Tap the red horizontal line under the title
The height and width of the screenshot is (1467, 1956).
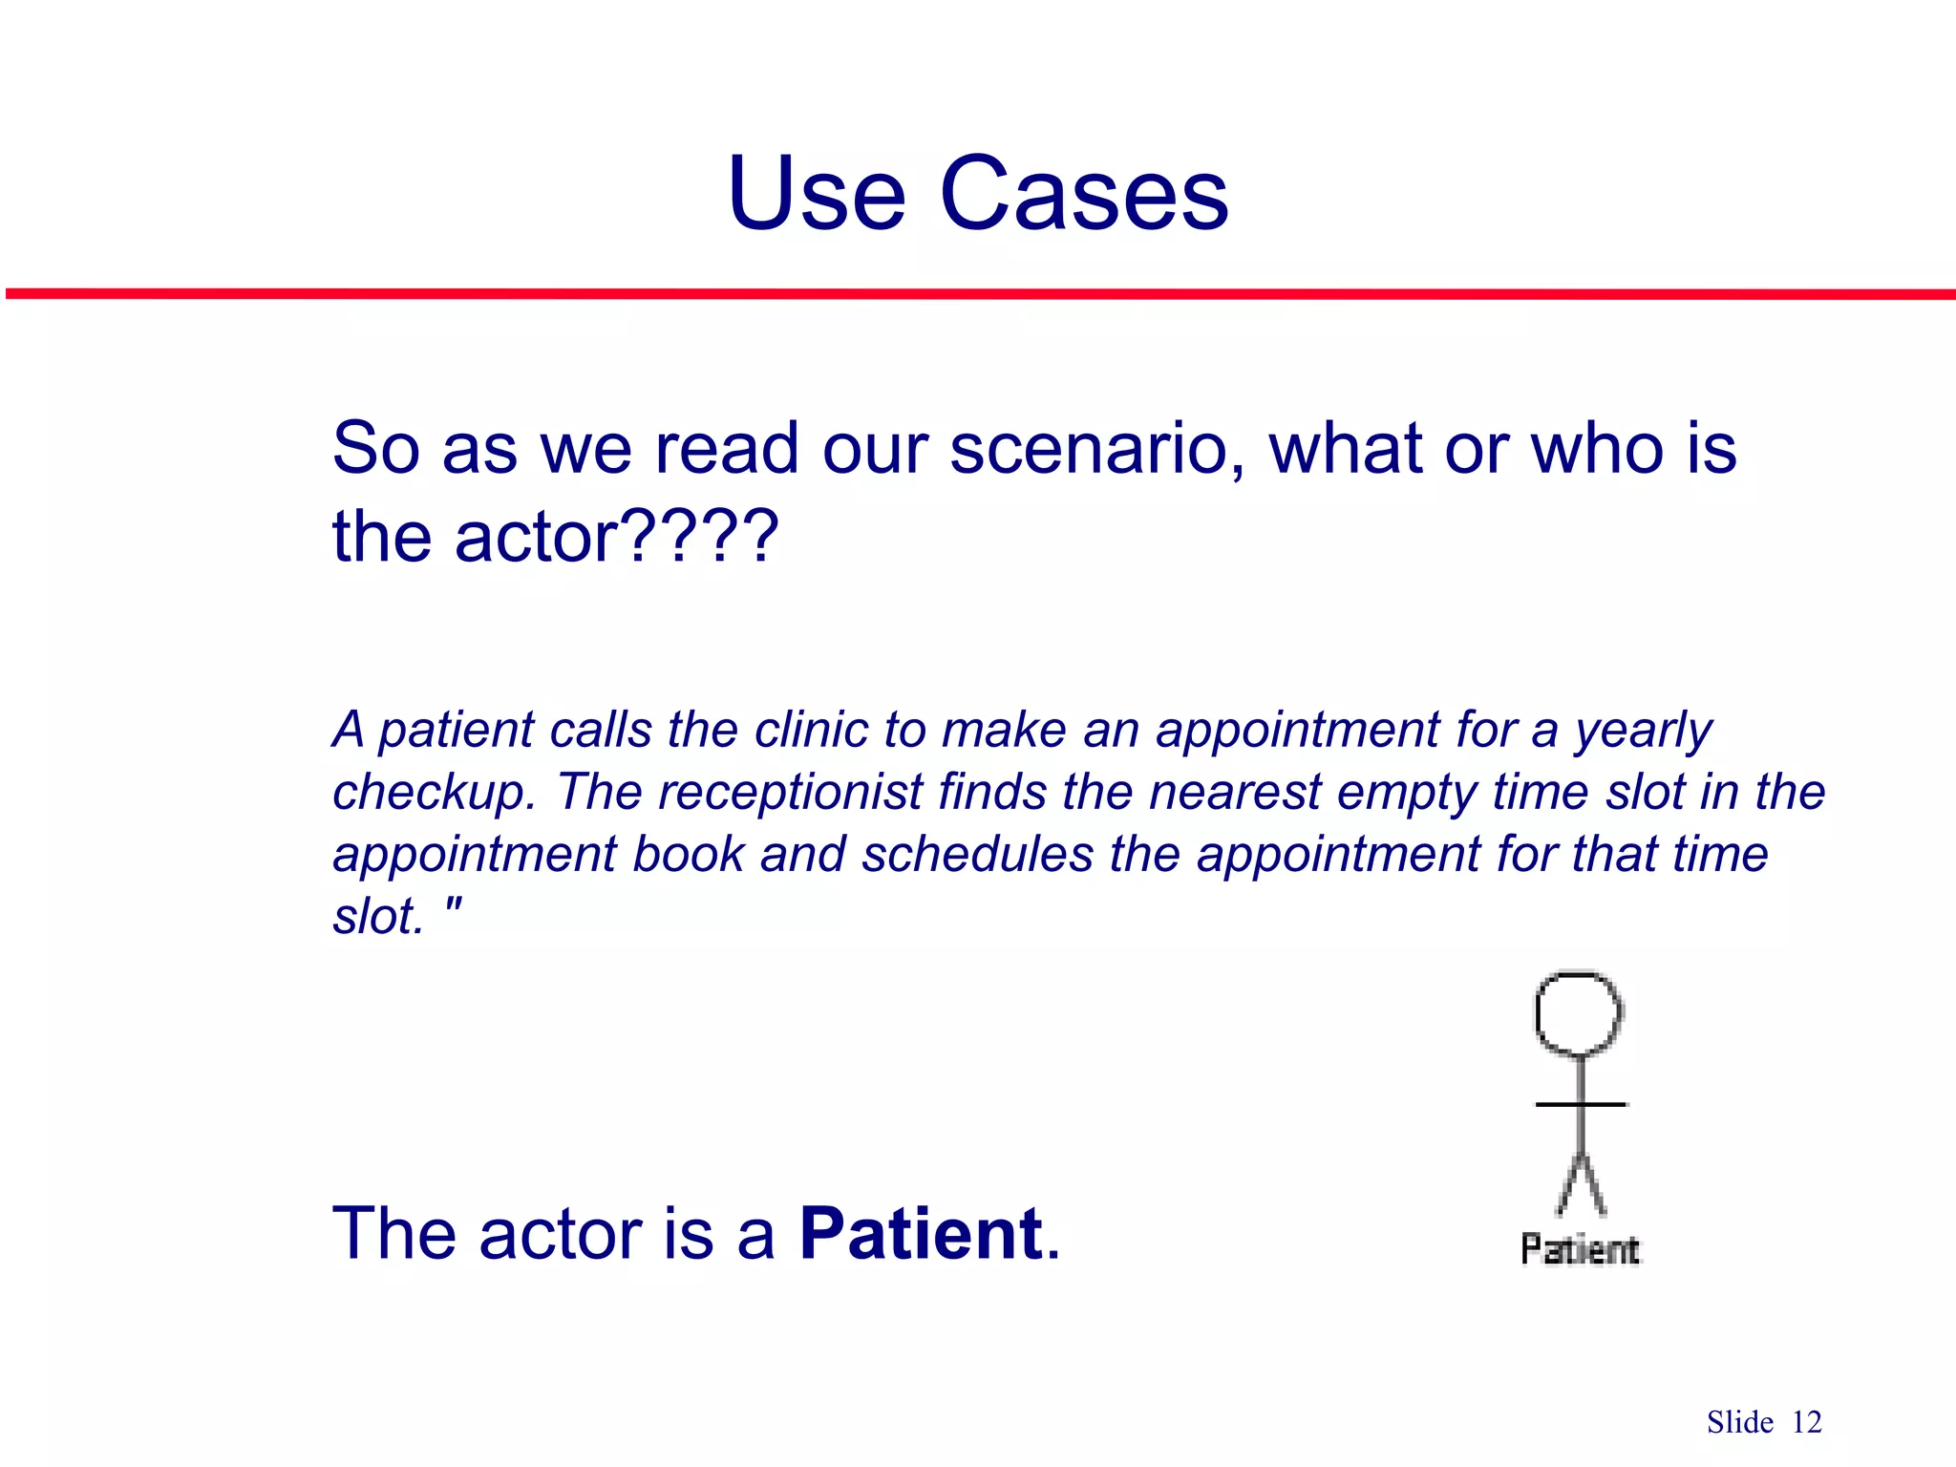(978, 294)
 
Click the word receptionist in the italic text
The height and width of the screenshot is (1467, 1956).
(790, 792)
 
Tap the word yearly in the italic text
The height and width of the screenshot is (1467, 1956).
(1643, 732)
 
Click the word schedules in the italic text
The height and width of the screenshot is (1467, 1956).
(977, 853)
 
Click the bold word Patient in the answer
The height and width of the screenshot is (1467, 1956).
(921, 1233)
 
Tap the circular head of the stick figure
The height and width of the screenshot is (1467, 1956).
(1579, 1013)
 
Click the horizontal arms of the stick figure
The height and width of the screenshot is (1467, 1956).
(1581, 1105)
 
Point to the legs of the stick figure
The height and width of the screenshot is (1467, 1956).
(1581, 1184)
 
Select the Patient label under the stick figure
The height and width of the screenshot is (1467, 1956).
(1580, 1249)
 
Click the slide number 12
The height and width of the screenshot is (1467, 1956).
(1806, 1422)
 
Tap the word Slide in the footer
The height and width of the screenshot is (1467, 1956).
(1739, 1422)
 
